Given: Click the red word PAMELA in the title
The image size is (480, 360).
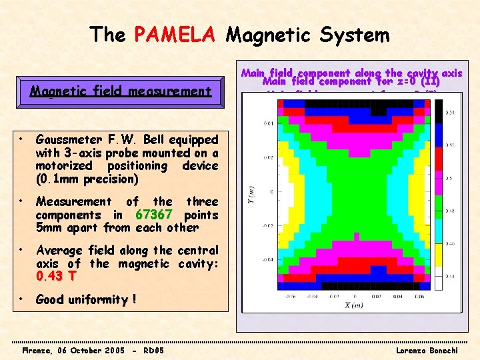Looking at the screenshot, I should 175,34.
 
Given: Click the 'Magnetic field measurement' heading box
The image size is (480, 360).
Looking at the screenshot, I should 121,91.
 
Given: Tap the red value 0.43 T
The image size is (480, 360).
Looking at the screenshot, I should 57,277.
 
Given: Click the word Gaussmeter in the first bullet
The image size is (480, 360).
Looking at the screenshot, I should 67,140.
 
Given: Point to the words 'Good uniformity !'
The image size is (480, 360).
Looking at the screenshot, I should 85,299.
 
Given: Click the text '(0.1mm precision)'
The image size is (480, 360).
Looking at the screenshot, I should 87,179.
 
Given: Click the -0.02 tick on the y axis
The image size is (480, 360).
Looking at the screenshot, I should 267,225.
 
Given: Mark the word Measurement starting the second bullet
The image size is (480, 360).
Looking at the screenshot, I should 73,201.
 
